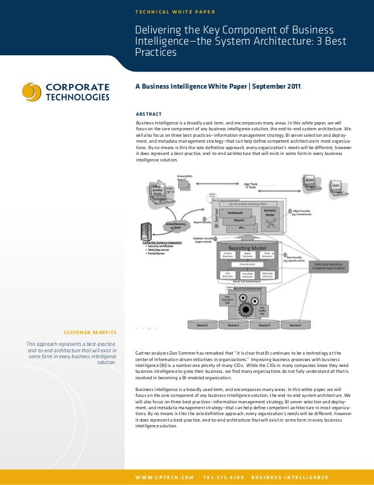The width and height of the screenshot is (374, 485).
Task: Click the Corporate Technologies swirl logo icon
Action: [x=32, y=92]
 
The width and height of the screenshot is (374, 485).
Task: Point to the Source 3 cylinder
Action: [x=264, y=324]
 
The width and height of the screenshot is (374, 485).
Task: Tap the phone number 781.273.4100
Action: [x=223, y=476]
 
